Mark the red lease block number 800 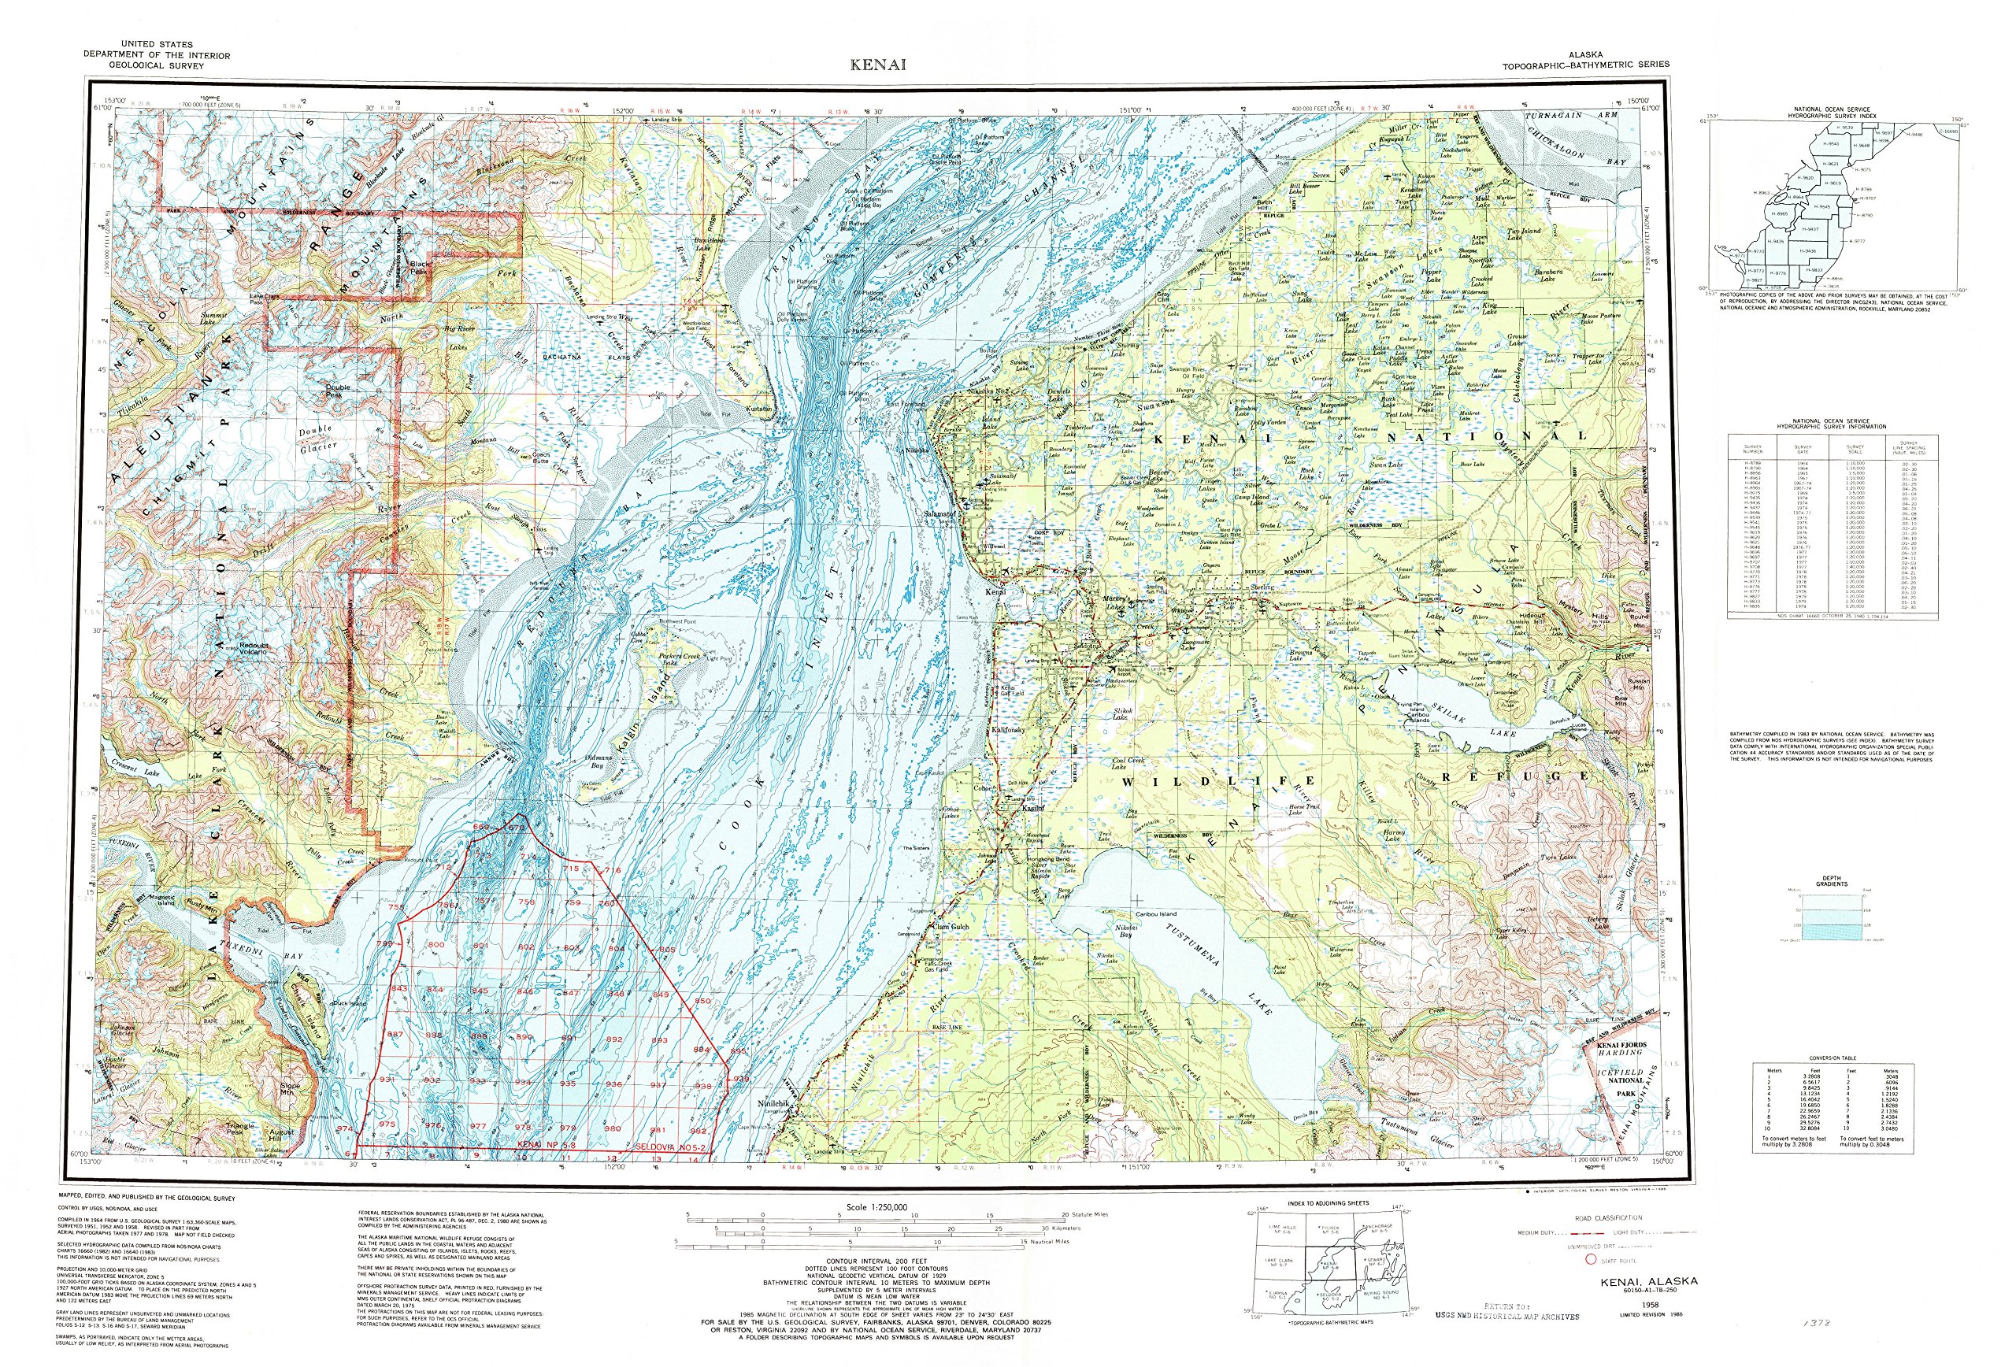click(x=435, y=945)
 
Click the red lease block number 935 click(x=569, y=1084)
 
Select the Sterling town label click(x=1262, y=587)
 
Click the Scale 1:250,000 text click(x=876, y=1206)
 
